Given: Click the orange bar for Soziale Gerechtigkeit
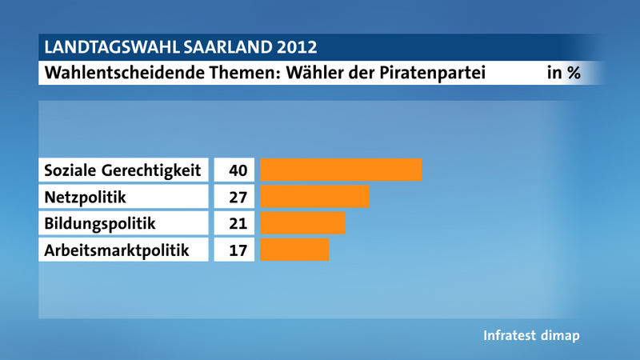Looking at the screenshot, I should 341,170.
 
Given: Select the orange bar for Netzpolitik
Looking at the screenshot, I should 314,196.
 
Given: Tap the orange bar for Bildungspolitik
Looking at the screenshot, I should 302,222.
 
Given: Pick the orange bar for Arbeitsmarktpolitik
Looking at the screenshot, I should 294,249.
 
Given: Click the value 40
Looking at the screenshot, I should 238,170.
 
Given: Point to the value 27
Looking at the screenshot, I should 238,197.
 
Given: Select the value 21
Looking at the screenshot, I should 238,223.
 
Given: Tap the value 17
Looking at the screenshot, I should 238,250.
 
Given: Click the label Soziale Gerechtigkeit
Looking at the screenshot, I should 122,170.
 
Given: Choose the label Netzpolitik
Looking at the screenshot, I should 85,197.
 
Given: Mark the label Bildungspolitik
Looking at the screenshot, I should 99,223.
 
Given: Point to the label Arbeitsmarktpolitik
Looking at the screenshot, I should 117,250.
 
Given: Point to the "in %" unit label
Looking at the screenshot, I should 563,73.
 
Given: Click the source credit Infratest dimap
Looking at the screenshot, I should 531,335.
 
